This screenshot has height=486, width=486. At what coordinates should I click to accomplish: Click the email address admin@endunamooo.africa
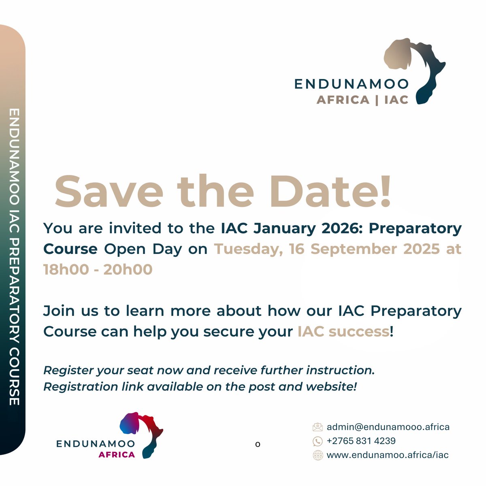[x=388, y=427]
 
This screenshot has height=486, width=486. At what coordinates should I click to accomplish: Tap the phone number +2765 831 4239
[x=361, y=441]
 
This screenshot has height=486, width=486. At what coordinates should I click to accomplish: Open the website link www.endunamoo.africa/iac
[x=388, y=455]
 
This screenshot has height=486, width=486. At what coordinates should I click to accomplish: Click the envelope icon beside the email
[x=318, y=427]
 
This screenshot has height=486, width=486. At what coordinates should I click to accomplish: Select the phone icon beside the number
[x=318, y=441]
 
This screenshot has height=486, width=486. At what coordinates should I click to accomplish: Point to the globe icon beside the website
[x=318, y=455]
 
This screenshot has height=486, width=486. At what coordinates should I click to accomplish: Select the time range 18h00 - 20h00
[x=98, y=269]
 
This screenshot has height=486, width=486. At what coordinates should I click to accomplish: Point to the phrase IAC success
[x=343, y=331]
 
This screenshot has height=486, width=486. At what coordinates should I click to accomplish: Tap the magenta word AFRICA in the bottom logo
[x=117, y=454]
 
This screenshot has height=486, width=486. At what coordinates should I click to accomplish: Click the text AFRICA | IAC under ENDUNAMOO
[x=362, y=100]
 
